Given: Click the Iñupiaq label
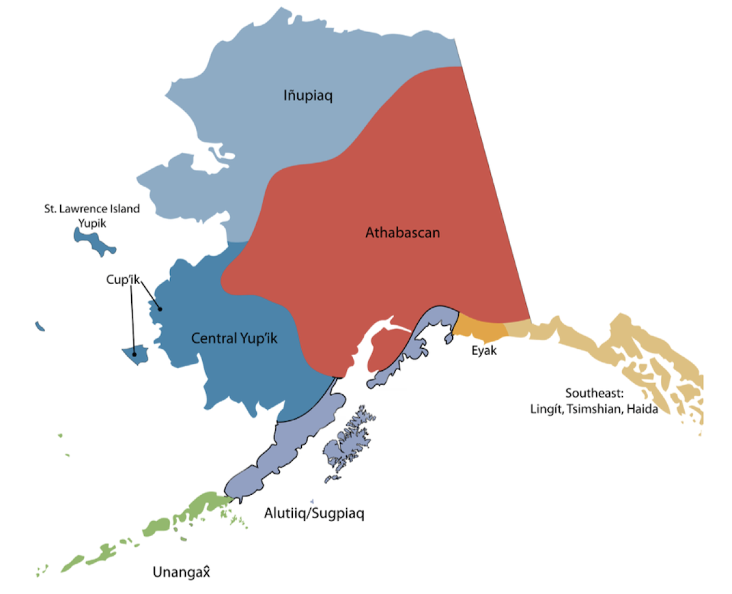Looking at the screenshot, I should pyautogui.click(x=308, y=96).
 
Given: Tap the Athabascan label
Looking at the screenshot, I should pyautogui.click(x=403, y=233).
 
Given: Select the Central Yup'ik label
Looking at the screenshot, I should pyautogui.click(x=234, y=339).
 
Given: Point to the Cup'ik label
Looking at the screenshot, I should pyautogui.click(x=123, y=280).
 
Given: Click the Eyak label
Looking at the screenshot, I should pyautogui.click(x=484, y=351).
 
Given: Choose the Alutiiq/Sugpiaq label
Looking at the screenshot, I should pyautogui.click(x=314, y=514).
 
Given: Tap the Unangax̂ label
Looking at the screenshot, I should pyautogui.click(x=181, y=573).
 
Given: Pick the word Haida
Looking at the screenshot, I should pyautogui.click(x=642, y=409).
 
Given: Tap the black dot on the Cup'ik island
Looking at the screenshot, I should pyautogui.click(x=135, y=354).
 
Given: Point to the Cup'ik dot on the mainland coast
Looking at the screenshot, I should pyautogui.click(x=160, y=308).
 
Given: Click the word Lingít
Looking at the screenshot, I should pyautogui.click(x=547, y=409).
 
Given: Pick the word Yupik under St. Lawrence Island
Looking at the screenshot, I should pyautogui.click(x=92, y=223).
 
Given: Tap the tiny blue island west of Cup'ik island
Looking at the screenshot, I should pyautogui.click(x=39, y=326).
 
